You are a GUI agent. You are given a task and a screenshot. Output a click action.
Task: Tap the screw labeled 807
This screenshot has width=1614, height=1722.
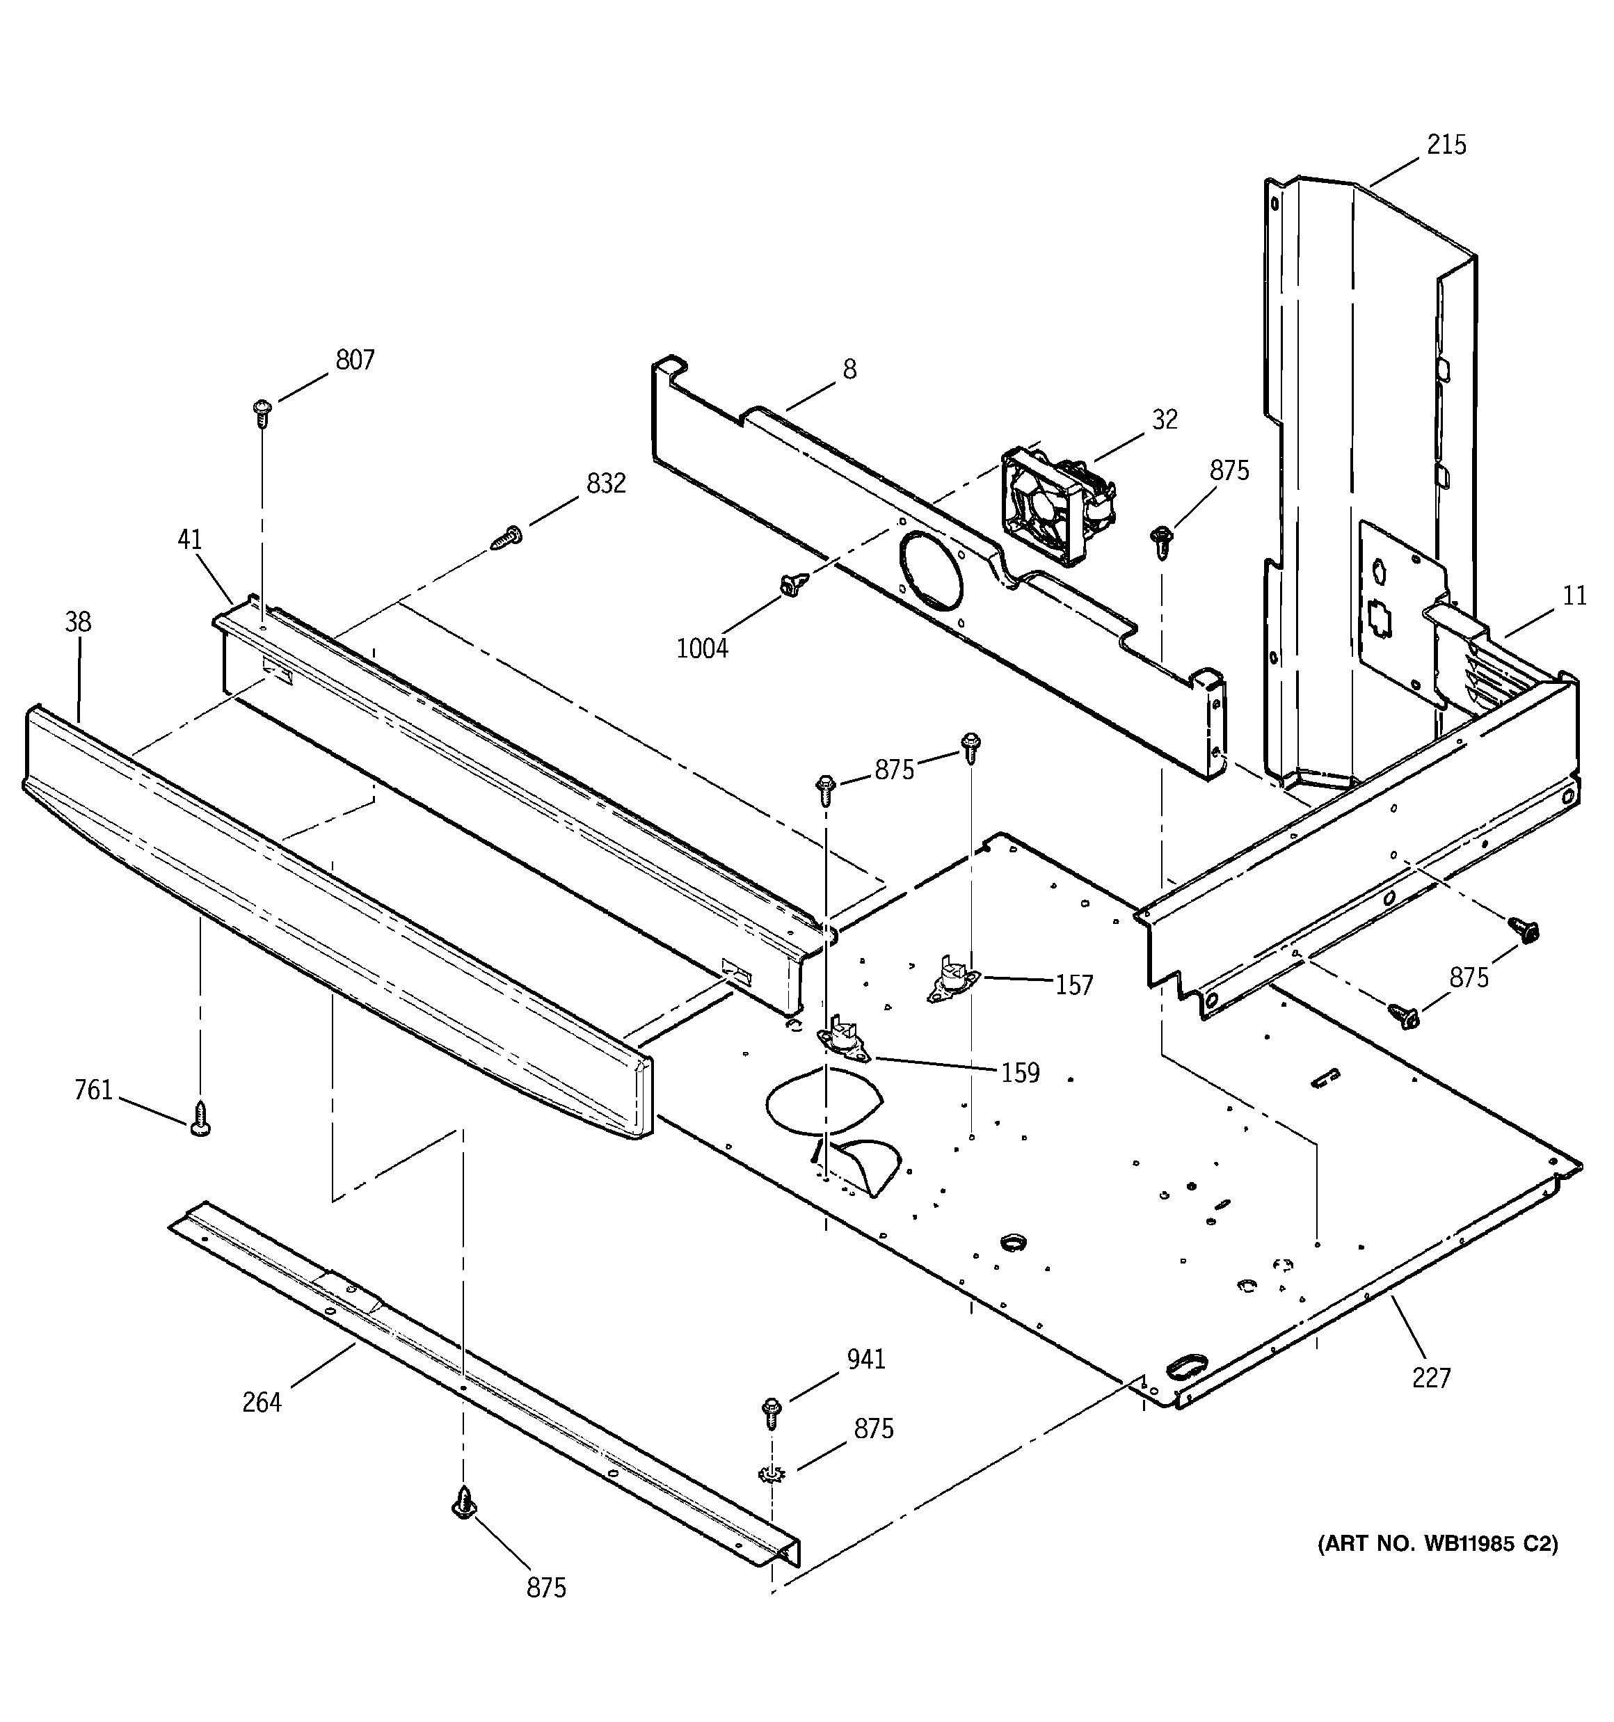262,413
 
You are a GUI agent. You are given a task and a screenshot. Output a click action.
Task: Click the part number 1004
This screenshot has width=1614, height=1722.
702,648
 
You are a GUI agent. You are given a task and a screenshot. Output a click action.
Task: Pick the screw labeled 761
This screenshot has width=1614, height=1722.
200,1118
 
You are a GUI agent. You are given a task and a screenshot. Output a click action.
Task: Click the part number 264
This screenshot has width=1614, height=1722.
262,1401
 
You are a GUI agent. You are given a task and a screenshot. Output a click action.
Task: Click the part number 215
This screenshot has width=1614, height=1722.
1447,145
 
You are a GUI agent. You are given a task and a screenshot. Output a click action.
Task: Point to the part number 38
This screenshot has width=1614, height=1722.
78,622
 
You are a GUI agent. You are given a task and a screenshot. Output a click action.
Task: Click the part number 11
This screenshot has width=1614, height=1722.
1575,596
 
